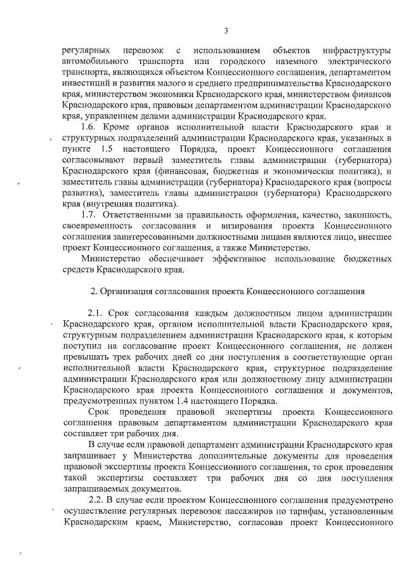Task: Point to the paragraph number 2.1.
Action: tap(96, 313)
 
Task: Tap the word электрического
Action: tap(359, 62)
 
